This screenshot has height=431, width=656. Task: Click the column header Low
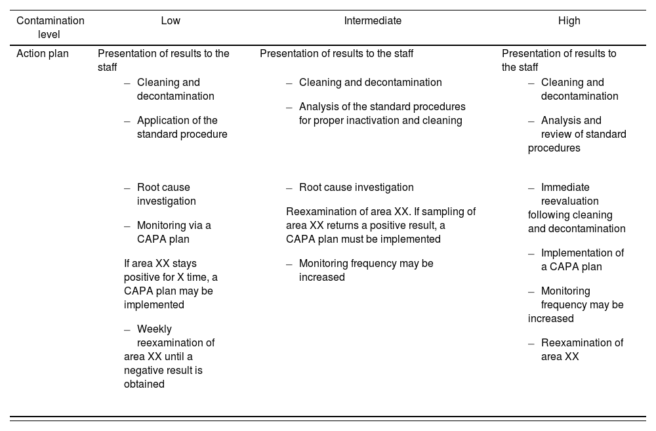[171, 21]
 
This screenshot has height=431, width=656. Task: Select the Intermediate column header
[373, 21]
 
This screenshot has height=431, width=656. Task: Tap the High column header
[569, 21]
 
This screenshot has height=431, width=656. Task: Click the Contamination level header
[50, 28]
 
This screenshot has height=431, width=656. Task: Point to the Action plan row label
[42, 54]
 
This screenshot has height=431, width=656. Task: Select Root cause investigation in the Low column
[166, 194]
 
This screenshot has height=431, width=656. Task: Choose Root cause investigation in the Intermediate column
[356, 188]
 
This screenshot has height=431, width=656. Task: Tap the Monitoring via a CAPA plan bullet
[173, 232]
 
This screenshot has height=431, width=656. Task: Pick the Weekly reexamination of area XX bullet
[169, 356]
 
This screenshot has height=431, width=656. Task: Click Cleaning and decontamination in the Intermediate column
[370, 83]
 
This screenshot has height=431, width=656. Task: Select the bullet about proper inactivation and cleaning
[382, 113]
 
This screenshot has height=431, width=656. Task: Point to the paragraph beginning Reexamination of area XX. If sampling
[380, 225]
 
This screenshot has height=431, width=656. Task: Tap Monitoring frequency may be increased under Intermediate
[365, 270]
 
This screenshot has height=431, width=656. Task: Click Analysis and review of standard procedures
[577, 134]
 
